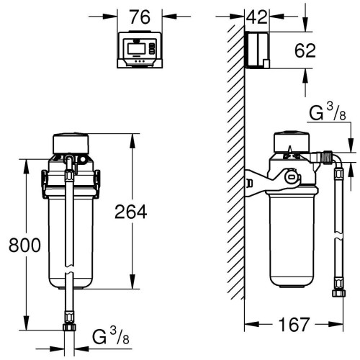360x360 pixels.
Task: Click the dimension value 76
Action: (x=140, y=17)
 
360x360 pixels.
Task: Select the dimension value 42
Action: (x=256, y=17)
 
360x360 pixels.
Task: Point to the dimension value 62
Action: (x=305, y=51)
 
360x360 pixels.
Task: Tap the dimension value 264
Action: (x=131, y=212)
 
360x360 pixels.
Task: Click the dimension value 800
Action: (x=24, y=246)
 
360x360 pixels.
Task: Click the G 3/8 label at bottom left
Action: (x=111, y=336)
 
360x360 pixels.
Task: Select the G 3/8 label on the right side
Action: (x=328, y=112)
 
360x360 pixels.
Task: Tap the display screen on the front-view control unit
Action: (x=136, y=48)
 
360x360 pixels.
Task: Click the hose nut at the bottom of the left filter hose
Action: (x=69, y=327)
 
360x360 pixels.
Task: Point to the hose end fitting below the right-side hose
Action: (x=339, y=293)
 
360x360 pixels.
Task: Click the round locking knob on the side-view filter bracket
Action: (x=291, y=177)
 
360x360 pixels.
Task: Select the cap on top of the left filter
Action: (x=71, y=143)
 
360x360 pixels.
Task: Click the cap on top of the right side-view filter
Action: (x=292, y=142)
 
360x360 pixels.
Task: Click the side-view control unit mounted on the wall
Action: (x=258, y=50)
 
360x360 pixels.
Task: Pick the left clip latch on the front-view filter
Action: (x=44, y=184)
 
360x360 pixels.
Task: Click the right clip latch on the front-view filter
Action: (x=97, y=184)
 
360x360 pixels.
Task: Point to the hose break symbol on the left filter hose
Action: (x=69, y=269)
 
